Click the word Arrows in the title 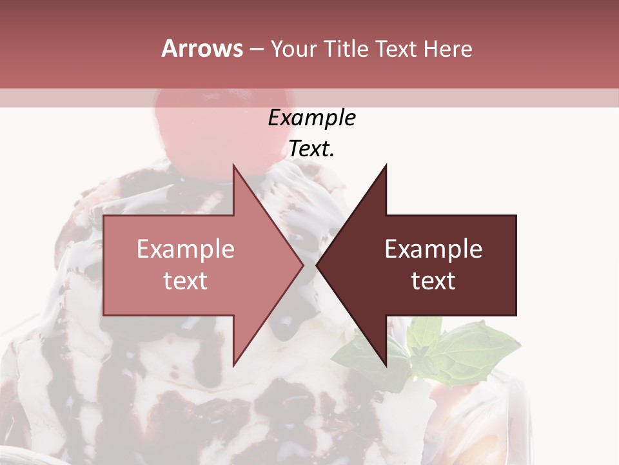tap(202, 48)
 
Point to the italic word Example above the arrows tap(311, 118)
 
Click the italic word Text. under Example tap(311, 149)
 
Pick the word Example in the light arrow tap(186, 249)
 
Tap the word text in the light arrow tap(186, 280)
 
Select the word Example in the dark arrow tap(433, 249)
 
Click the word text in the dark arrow tap(433, 280)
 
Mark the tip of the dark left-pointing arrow tap(317, 265)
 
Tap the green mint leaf tap(464, 349)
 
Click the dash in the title tap(256, 49)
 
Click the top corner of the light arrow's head tap(233, 165)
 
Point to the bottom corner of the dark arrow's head tap(386, 366)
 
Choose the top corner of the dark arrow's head tap(386, 165)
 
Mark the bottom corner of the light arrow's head tap(233, 366)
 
